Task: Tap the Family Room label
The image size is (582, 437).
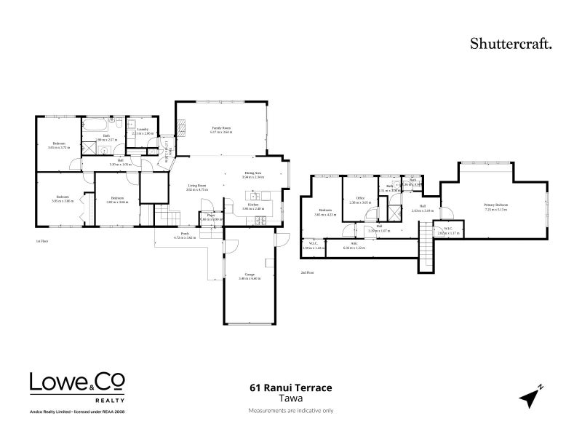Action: [x=221, y=127]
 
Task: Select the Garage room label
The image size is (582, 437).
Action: [x=250, y=275]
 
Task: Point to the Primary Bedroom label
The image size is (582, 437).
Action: [x=495, y=205]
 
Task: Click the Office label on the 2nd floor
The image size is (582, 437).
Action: [x=360, y=198]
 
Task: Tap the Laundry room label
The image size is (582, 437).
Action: [x=143, y=130]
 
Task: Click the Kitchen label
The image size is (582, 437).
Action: [x=253, y=205]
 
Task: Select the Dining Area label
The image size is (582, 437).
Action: [x=253, y=173]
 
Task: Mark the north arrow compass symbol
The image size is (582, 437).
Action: [x=530, y=397]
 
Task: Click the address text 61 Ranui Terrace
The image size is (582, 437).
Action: [x=290, y=389]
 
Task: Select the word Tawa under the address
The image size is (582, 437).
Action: [x=290, y=399]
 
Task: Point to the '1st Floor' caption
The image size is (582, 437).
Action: [x=42, y=240]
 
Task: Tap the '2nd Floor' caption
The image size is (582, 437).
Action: [x=307, y=273]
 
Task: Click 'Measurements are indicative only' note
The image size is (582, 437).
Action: [x=290, y=411]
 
